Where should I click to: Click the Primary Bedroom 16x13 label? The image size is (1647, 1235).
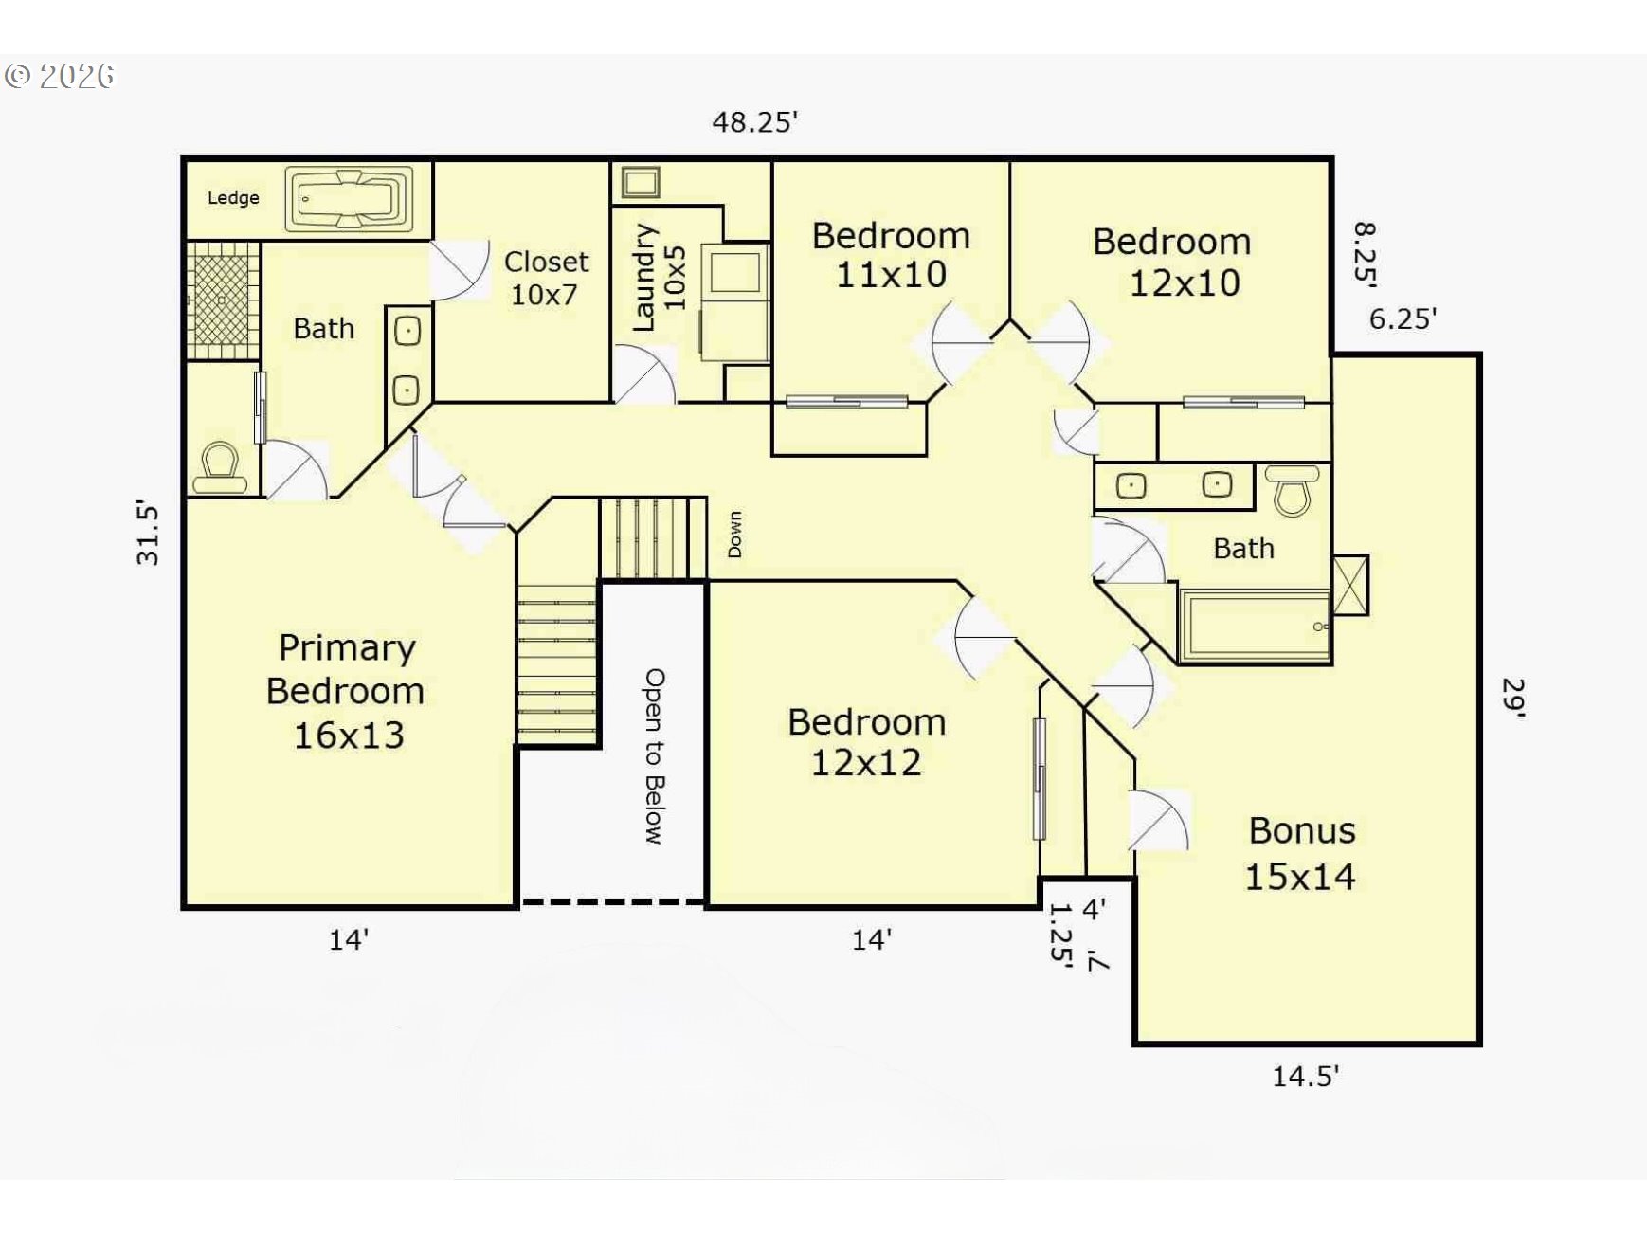[x=346, y=691]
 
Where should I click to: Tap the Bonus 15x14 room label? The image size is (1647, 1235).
[x=1300, y=853]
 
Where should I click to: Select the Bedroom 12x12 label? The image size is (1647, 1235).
[x=866, y=742]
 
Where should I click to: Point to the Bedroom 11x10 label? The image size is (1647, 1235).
[x=891, y=255]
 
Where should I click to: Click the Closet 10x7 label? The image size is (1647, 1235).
[x=546, y=278]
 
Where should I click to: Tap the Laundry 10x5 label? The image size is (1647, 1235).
[x=658, y=278]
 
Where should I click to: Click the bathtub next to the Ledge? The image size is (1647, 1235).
[x=350, y=199]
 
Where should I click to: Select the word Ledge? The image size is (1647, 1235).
[x=233, y=197]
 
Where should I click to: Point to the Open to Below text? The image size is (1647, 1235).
[x=655, y=756]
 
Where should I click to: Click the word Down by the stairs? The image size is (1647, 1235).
[x=734, y=534]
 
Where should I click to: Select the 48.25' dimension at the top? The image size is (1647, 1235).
[x=755, y=122]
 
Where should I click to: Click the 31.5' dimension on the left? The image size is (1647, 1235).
[x=148, y=534]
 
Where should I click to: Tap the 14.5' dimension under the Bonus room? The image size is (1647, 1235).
[x=1305, y=1076]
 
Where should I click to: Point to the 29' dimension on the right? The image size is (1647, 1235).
[x=1513, y=699]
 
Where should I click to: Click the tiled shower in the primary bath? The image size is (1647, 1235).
[x=223, y=300]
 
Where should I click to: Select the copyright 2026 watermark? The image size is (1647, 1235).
[x=60, y=77]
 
